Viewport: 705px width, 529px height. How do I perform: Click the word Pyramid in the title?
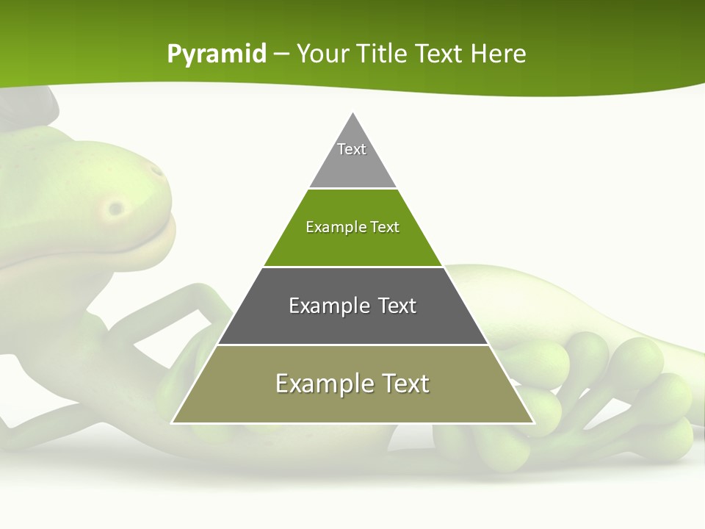coord(217,54)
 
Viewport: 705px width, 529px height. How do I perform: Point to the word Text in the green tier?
coord(385,228)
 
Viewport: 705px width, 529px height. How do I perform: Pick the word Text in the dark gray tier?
coord(397,306)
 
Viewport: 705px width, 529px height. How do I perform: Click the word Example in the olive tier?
coord(323,384)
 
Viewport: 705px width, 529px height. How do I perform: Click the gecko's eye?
coord(115,209)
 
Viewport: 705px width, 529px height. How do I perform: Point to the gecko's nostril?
coord(157,171)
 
